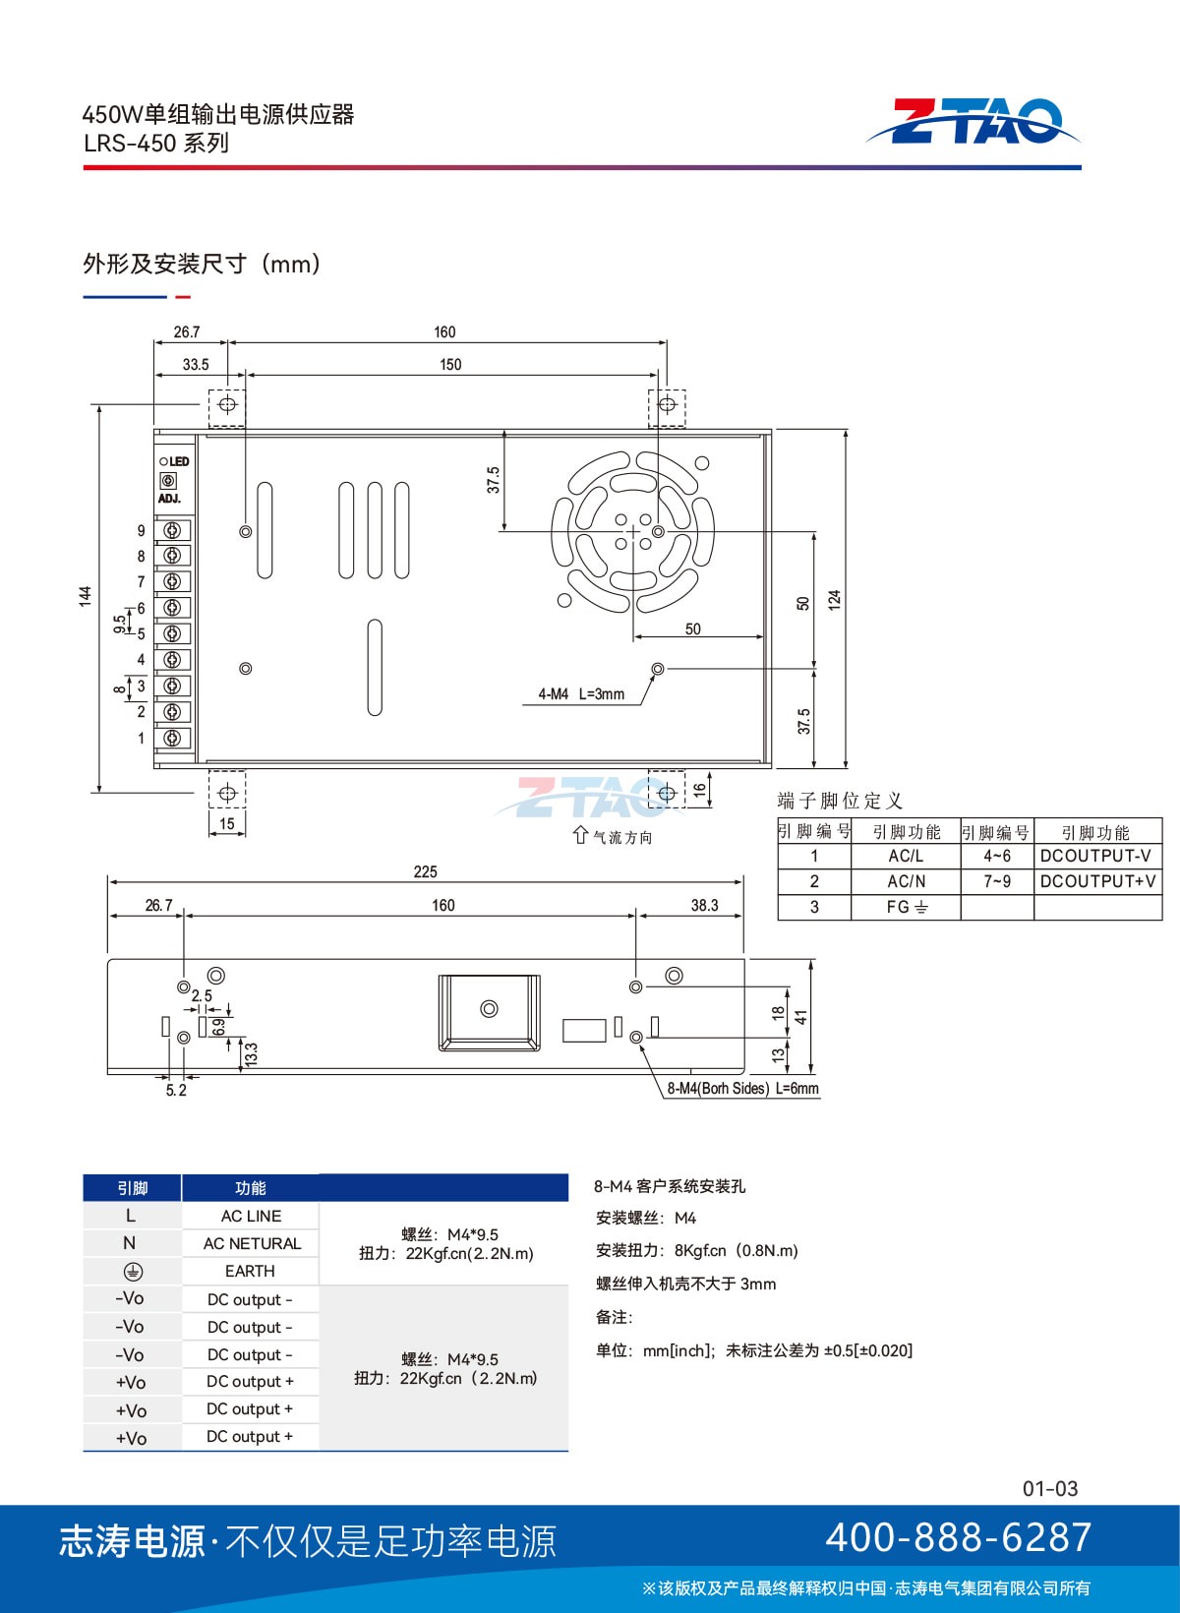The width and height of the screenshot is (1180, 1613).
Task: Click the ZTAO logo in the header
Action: click(972, 121)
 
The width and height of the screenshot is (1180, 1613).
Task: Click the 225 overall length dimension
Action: click(425, 871)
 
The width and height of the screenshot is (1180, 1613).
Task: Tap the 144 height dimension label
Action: click(86, 596)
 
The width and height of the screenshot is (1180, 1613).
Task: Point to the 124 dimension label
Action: click(835, 600)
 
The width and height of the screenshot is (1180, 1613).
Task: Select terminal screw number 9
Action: click(172, 531)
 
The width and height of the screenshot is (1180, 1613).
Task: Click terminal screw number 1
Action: click(172, 738)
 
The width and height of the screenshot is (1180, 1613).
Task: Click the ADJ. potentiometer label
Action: click(169, 499)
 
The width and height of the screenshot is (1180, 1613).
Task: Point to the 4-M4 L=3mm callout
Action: click(581, 694)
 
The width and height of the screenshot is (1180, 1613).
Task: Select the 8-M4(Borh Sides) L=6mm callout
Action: click(743, 1088)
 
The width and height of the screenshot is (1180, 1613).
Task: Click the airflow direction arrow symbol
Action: click(580, 835)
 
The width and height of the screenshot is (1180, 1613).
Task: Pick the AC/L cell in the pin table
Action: click(906, 856)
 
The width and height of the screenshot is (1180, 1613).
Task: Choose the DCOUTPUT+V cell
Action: click(1098, 880)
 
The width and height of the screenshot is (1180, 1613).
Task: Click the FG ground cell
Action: click(907, 907)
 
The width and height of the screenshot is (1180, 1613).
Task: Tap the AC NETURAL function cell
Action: click(252, 1243)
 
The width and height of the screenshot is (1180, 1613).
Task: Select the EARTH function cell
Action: click(250, 1271)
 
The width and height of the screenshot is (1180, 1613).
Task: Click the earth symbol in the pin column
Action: click(133, 1272)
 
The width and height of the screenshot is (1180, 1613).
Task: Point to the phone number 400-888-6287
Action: click(958, 1537)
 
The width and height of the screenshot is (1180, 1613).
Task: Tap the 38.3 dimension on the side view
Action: click(704, 905)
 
